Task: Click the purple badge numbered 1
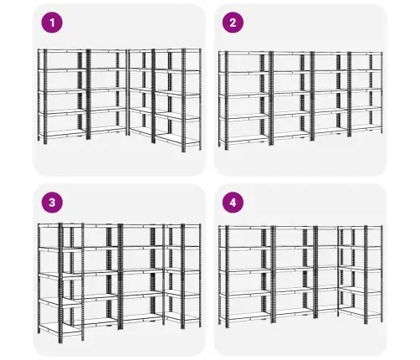[52, 23]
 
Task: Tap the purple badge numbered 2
[233, 23]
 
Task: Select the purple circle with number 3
[52, 203]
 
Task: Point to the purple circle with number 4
[233, 203]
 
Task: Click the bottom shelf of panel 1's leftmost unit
[63, 134]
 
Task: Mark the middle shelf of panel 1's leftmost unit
[63, 91]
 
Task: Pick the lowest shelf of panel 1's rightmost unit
[177, 139]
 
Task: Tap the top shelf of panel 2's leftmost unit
[244, 53]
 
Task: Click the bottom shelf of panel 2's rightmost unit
[366, 127]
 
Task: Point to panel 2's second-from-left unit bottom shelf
[292, 134]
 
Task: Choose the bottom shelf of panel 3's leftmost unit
[59, 329]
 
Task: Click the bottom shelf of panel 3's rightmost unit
[182, 317]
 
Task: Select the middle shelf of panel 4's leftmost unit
[245, 270]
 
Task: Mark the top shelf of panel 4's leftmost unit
[245, 228]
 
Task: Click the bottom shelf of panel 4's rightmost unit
[361, 311]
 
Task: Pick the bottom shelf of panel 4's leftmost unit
[245, 316]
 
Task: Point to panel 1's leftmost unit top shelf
[63, 51]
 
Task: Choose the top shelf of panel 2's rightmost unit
[366, 54]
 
